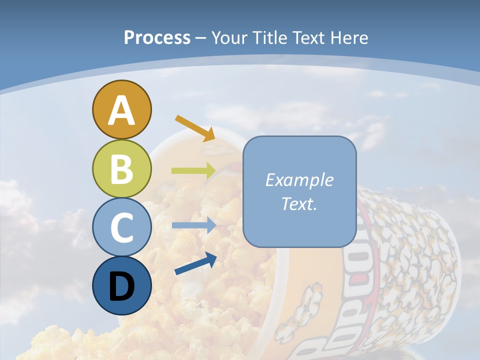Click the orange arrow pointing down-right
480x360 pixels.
[195, 127]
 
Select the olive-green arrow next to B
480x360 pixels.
[193, 170]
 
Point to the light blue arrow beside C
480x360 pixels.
[193, 225]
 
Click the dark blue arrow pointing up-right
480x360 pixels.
[195, 264]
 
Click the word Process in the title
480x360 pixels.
[157, 38]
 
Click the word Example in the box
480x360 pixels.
[299, 180]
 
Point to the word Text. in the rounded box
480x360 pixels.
[299, 204]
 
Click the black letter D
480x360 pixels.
[121, 286]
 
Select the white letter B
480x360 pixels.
[121, 169]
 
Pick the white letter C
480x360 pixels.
[121, 227]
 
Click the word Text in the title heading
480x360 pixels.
[309, 38]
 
